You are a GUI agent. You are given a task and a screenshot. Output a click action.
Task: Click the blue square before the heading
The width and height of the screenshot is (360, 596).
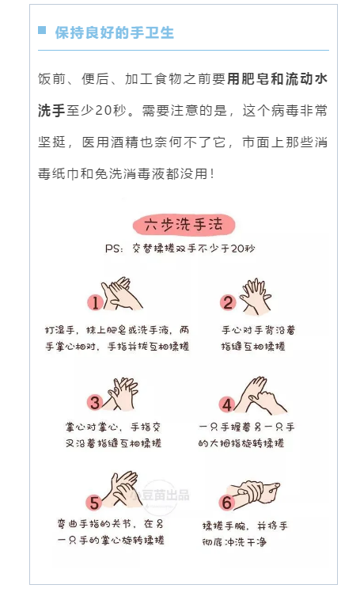click(42, 31)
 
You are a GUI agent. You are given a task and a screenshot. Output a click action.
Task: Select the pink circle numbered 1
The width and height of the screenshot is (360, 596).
click(95, 302)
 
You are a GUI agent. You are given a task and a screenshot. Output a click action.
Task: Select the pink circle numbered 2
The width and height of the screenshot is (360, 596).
click(228, 302)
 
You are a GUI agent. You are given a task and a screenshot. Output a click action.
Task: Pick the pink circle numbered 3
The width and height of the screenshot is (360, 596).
click(95, 402)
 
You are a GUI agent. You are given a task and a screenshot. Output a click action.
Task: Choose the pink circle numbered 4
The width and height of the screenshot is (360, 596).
click(228, 404)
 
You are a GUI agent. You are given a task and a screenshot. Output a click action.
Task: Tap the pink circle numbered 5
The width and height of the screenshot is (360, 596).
click(94, 502)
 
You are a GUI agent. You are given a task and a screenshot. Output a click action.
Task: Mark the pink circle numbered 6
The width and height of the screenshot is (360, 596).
click(227, 503)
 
